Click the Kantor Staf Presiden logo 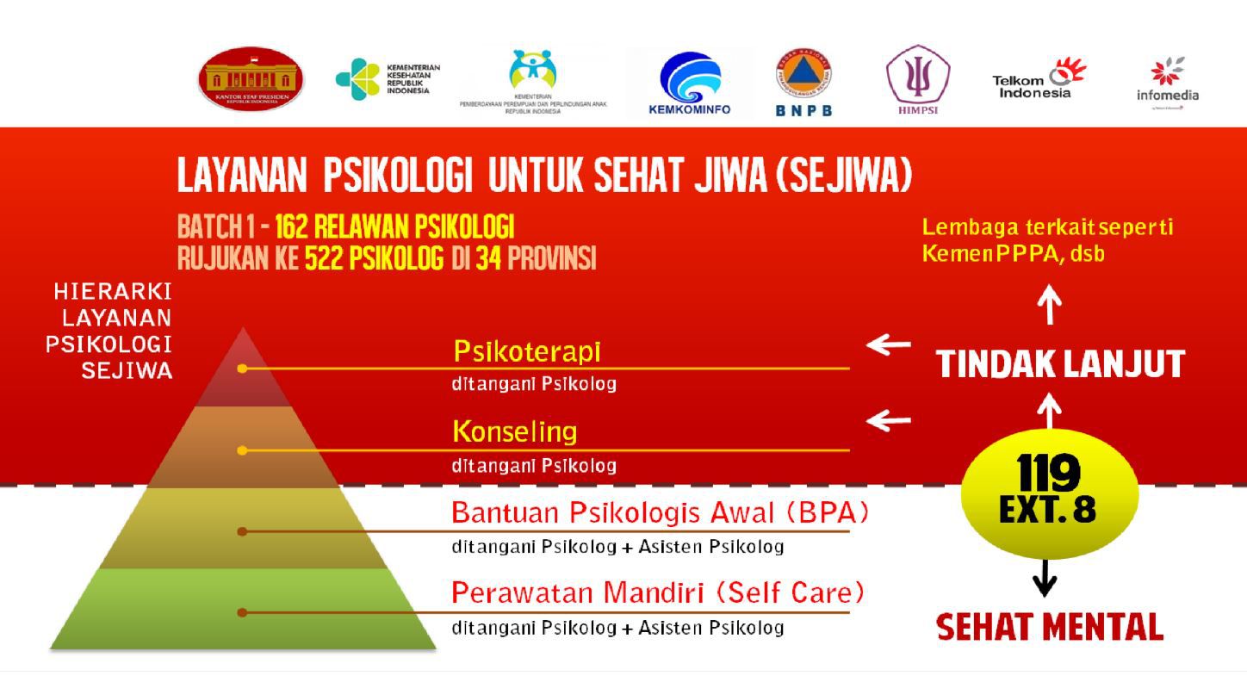pyautogui.click(x=251, y=79)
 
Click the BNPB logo pyautogui.click(x=803, y=82)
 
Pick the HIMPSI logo pyautogui.click(x=918, y=79)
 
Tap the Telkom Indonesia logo pyautogui.click(x=1039, y=80)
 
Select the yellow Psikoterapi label pyautogui.click(x=526, y=351)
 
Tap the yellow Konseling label pyautogui.click(x=514, y=431)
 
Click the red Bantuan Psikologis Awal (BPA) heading pyautogui.click(x=660, y=513)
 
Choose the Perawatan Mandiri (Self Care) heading pyautogui.click(x=658, y=592)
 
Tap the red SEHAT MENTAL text pyautogui.click(x=1049, y=627)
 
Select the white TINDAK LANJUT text pyautogui.click(x=1060, y=364)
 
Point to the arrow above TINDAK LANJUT pyautogui.click(x=1049, y=306)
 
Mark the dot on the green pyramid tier pyautogui.click(x=242, y=612)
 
